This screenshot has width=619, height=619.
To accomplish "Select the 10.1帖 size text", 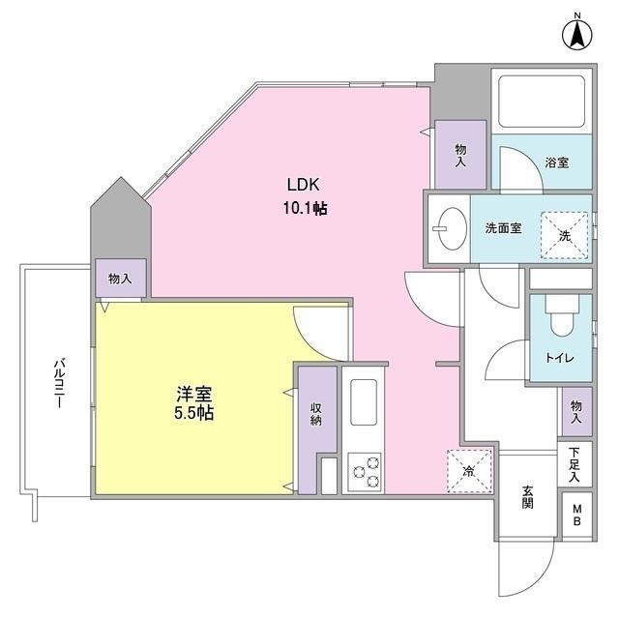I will coord(303,207).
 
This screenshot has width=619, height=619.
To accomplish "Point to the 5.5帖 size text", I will coord(194,413).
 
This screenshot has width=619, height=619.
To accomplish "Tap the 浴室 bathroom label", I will coord(556,162).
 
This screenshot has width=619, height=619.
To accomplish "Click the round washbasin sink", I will coord(448,228).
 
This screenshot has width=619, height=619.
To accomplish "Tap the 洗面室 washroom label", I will coord(503,228).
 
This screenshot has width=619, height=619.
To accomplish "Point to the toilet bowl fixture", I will coord(559,317).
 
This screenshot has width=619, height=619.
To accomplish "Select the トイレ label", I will coord(559,358).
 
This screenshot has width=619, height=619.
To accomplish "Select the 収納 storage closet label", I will coord(316,415).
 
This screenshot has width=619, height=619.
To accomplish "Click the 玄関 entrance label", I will coord(527,497).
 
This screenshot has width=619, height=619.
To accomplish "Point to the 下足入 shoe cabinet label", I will coord(575,464).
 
